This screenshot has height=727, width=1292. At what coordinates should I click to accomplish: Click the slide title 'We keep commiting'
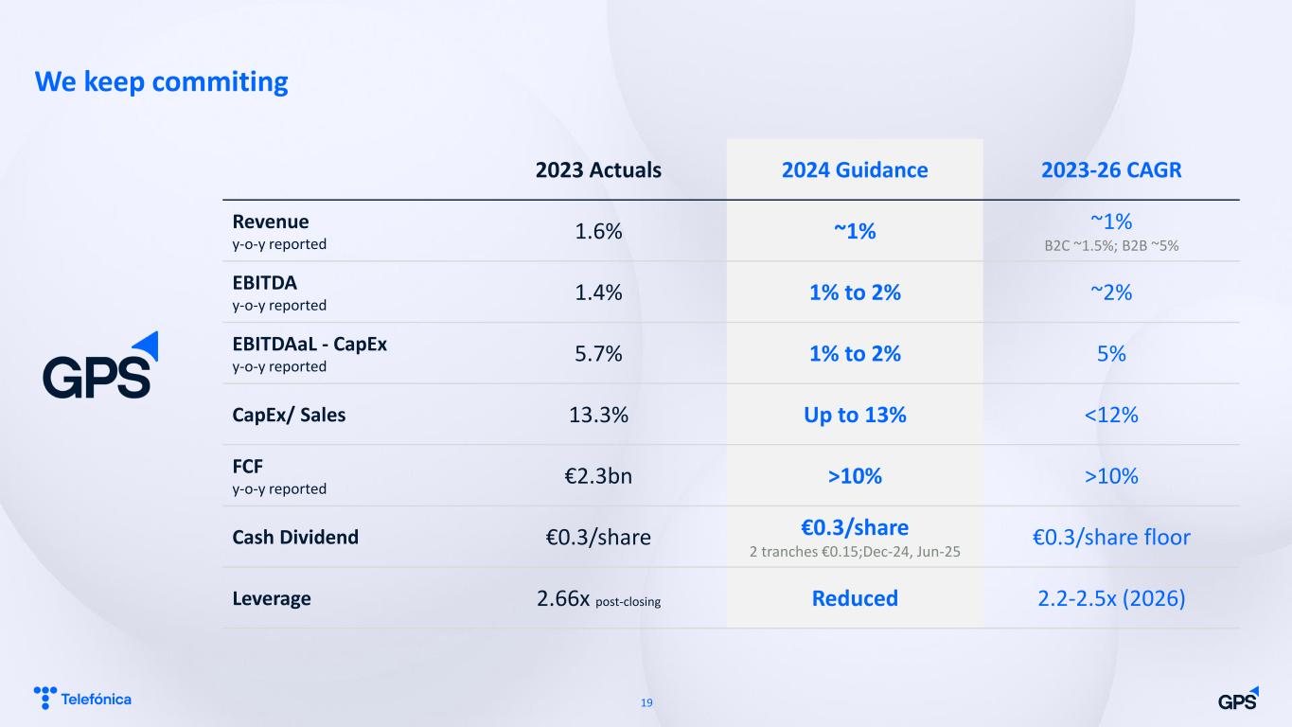click(x=162, y=82)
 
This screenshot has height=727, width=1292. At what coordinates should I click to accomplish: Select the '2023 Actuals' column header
click(x=598, y=170)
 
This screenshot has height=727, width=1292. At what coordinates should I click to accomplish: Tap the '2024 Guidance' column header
click(x=855, y=170)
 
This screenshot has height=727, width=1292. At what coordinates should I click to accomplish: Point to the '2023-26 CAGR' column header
click(x=1111, y=170)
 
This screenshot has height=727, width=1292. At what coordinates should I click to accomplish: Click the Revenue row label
click(x=271, y=222)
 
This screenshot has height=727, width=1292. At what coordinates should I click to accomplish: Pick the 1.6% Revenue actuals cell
click(x=598, y=231)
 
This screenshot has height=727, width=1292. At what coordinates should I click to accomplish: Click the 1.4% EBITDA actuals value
click(x=598, y=293)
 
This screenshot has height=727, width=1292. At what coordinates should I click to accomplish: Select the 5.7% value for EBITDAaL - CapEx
click(x=598, y=354)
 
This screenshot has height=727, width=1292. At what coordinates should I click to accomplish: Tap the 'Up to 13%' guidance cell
click(x=855, y=415)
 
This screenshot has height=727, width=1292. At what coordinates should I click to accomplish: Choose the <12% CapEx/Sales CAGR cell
click(x=1111, y=415)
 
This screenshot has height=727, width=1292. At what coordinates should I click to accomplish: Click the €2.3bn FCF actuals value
click(x=598, y=476)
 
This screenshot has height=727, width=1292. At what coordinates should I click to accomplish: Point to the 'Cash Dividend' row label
click(x=295, y=537)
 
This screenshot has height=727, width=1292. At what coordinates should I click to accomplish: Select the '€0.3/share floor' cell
click(x=1111, y=537)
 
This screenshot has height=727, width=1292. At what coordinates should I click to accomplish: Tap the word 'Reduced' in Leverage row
click(x=855, y=598)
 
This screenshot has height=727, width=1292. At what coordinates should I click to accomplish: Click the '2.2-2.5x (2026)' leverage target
click(x=1111, y=598)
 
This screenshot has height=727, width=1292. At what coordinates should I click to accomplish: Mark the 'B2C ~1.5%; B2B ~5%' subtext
click(x=1111, y=246)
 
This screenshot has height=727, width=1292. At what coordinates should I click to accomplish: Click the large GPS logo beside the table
click(x=100, y=365)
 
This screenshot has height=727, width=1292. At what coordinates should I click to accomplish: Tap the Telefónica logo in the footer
click(x=82, y=699)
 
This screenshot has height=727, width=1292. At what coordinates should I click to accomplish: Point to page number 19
click(x=646, y=702)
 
